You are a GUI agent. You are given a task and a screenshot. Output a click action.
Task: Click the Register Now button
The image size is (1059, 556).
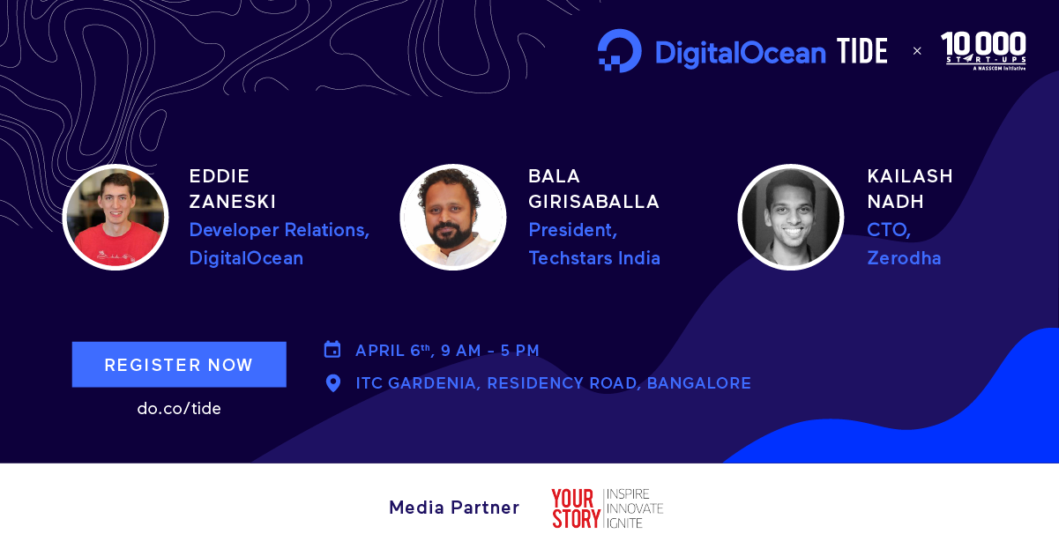[179, 364]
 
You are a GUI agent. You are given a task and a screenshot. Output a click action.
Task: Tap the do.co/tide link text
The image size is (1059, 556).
[179, 409]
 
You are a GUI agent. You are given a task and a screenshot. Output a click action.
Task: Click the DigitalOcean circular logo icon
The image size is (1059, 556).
[619, 51]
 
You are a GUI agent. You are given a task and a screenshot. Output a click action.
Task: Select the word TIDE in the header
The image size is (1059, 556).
[861, 51]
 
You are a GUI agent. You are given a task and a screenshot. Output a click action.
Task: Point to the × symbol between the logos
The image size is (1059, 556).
[917, 51]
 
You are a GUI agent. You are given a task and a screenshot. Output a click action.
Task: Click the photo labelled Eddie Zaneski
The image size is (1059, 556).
[116, 218]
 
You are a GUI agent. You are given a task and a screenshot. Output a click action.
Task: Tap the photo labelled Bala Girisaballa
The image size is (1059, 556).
[453, 218]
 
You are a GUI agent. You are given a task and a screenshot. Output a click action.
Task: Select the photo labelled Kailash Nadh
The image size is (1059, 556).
[791, 218]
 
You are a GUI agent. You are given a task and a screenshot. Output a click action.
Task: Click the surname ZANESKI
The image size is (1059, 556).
[233, 202]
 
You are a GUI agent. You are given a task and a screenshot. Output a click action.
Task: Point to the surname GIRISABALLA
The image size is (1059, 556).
[593, 202]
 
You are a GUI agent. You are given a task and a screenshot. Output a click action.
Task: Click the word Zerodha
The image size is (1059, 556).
[904, 258]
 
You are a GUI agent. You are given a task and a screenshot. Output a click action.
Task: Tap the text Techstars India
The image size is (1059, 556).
[594, 258]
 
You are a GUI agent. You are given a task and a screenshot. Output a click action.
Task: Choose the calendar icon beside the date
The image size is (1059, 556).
[332, 350]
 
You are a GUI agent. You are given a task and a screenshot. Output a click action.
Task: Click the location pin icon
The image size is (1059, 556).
[333, 383]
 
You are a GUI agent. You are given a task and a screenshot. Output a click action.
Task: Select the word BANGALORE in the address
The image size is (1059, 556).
[698, 383]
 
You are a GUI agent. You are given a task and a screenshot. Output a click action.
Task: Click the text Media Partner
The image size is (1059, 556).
[454, 508]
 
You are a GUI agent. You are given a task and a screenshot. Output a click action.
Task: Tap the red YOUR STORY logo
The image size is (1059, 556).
[576, 508]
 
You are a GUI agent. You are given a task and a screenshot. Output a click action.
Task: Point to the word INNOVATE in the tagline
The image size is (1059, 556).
[635, 508]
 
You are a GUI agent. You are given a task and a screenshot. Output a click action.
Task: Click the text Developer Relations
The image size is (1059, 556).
[279, 230]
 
